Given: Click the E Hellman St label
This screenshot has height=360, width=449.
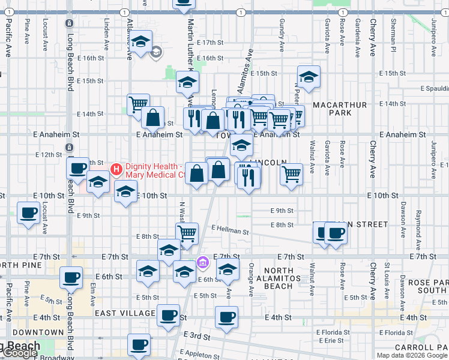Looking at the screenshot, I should click(231, 230).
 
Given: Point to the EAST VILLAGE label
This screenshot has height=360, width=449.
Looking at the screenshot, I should click(125, 313).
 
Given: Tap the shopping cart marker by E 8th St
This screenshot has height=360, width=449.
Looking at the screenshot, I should click(187, 233).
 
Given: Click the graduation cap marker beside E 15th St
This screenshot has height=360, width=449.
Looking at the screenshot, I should click(309, 76).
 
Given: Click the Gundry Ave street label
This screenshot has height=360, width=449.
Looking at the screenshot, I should click(282, 34).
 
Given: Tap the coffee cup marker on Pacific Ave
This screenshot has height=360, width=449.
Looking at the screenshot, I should click(28, 212).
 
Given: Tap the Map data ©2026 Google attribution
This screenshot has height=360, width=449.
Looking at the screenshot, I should click(412, 355).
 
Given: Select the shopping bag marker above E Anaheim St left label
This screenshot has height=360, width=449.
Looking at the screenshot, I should click(154, 117).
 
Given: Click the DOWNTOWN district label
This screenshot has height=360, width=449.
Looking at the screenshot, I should click(38, 332).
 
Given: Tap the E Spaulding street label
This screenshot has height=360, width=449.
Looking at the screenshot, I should click(430, 88).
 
